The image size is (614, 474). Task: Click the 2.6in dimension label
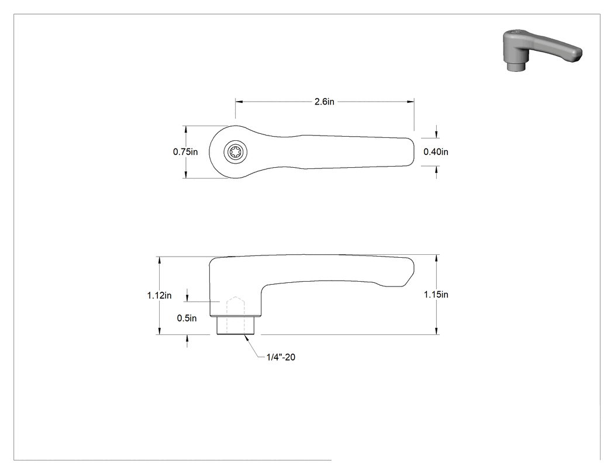point(324,102)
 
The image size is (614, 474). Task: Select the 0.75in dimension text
point(185,152)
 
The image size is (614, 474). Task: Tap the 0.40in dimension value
point(436,152)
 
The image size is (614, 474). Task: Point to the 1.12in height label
point(160,296)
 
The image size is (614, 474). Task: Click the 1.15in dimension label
point(436,295)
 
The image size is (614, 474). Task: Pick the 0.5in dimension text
point(187,318)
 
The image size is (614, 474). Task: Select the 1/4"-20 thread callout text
point(281,357)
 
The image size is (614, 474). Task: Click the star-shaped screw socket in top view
point(235,151)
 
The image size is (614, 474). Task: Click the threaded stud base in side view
point(236,326)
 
